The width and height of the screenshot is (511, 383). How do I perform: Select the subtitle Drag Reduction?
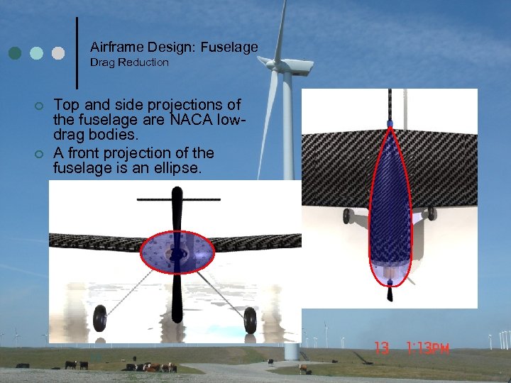129,62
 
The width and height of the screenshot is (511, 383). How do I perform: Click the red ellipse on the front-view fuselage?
177,252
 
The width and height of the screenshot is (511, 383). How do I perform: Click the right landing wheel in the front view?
250,320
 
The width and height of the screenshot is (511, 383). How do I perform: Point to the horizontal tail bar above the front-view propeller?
176,199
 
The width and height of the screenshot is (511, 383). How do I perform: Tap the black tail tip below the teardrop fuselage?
390,292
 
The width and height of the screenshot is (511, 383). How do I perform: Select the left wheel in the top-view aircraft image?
346,216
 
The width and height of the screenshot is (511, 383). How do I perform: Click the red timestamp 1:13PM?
429,348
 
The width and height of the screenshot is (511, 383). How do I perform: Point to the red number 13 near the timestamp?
382,348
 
